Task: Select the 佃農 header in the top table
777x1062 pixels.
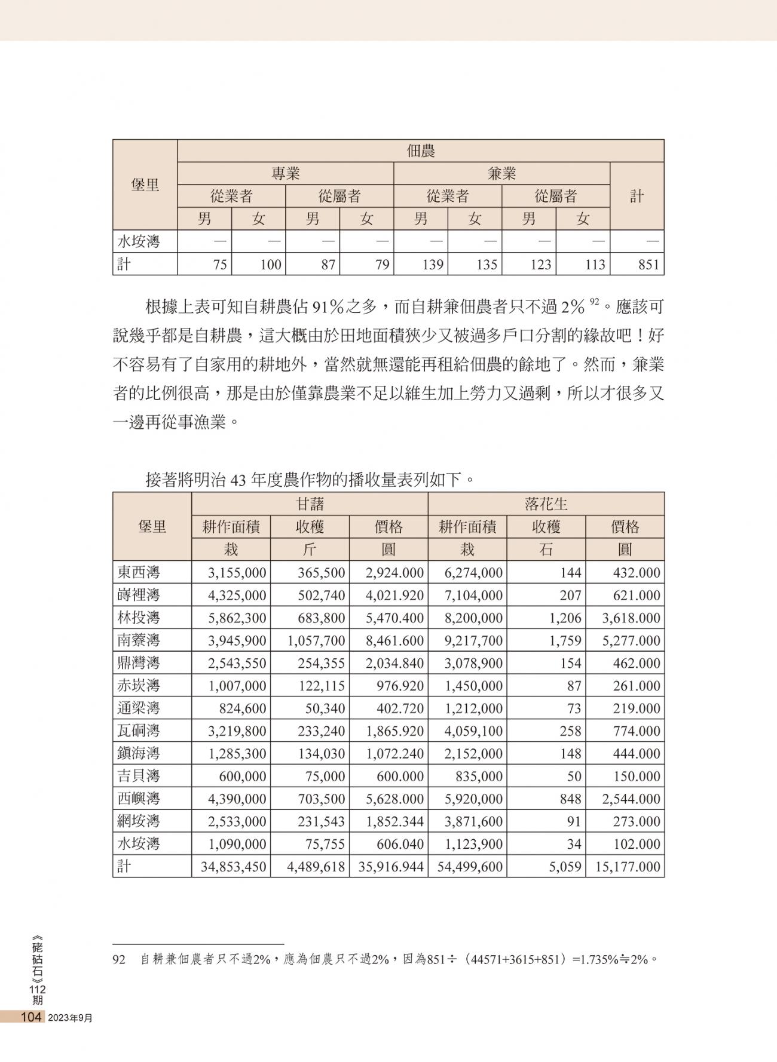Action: click(x=420, y=151)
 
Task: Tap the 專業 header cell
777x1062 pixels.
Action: click(x=285, y=174)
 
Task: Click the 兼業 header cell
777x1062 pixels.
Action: click(x=501, y=174)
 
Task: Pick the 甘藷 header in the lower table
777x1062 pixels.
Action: click(x=310, y=504)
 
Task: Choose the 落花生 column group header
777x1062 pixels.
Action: click(x=546, y=504)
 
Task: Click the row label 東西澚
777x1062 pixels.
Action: click(x=139, y=573)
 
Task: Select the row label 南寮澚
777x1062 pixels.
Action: click(x=139, y=640)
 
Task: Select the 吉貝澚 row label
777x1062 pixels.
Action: click(x=139, y=776)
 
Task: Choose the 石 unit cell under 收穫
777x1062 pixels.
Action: click(x=546, y=550)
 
